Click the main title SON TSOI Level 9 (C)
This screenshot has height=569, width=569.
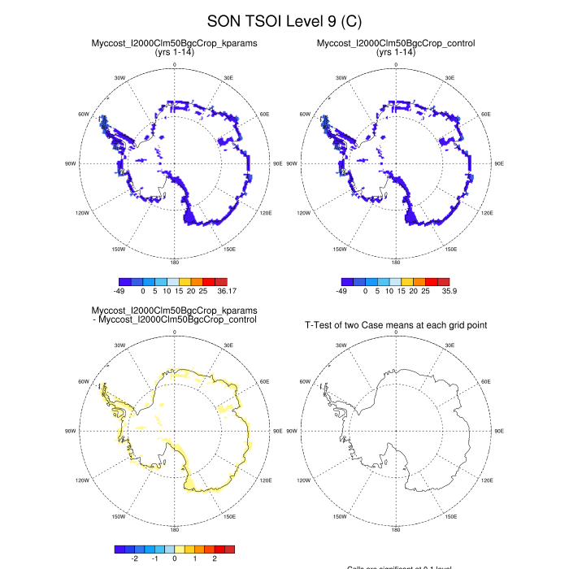pyautogui.click(x=284, y=20)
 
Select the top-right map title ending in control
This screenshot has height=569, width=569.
pyautogui.click(x=396, y=43)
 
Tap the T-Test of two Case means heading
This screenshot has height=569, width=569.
pyautogui.click(x=396, y=325)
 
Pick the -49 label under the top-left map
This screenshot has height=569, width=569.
pyautogui.click(x=124, y=290)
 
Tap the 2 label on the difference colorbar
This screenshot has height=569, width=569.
pyautogui.click(x=215, y=558)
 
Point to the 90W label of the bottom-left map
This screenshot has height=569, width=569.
pyautogui.click(x=71, y=431)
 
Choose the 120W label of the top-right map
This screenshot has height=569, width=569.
pyautogui.click(x=303, y=213)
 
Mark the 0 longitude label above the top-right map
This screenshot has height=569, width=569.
pyautogui.click(x=396, y=63)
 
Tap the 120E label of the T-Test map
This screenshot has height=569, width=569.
pyautogui.click(x=487, y=481)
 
